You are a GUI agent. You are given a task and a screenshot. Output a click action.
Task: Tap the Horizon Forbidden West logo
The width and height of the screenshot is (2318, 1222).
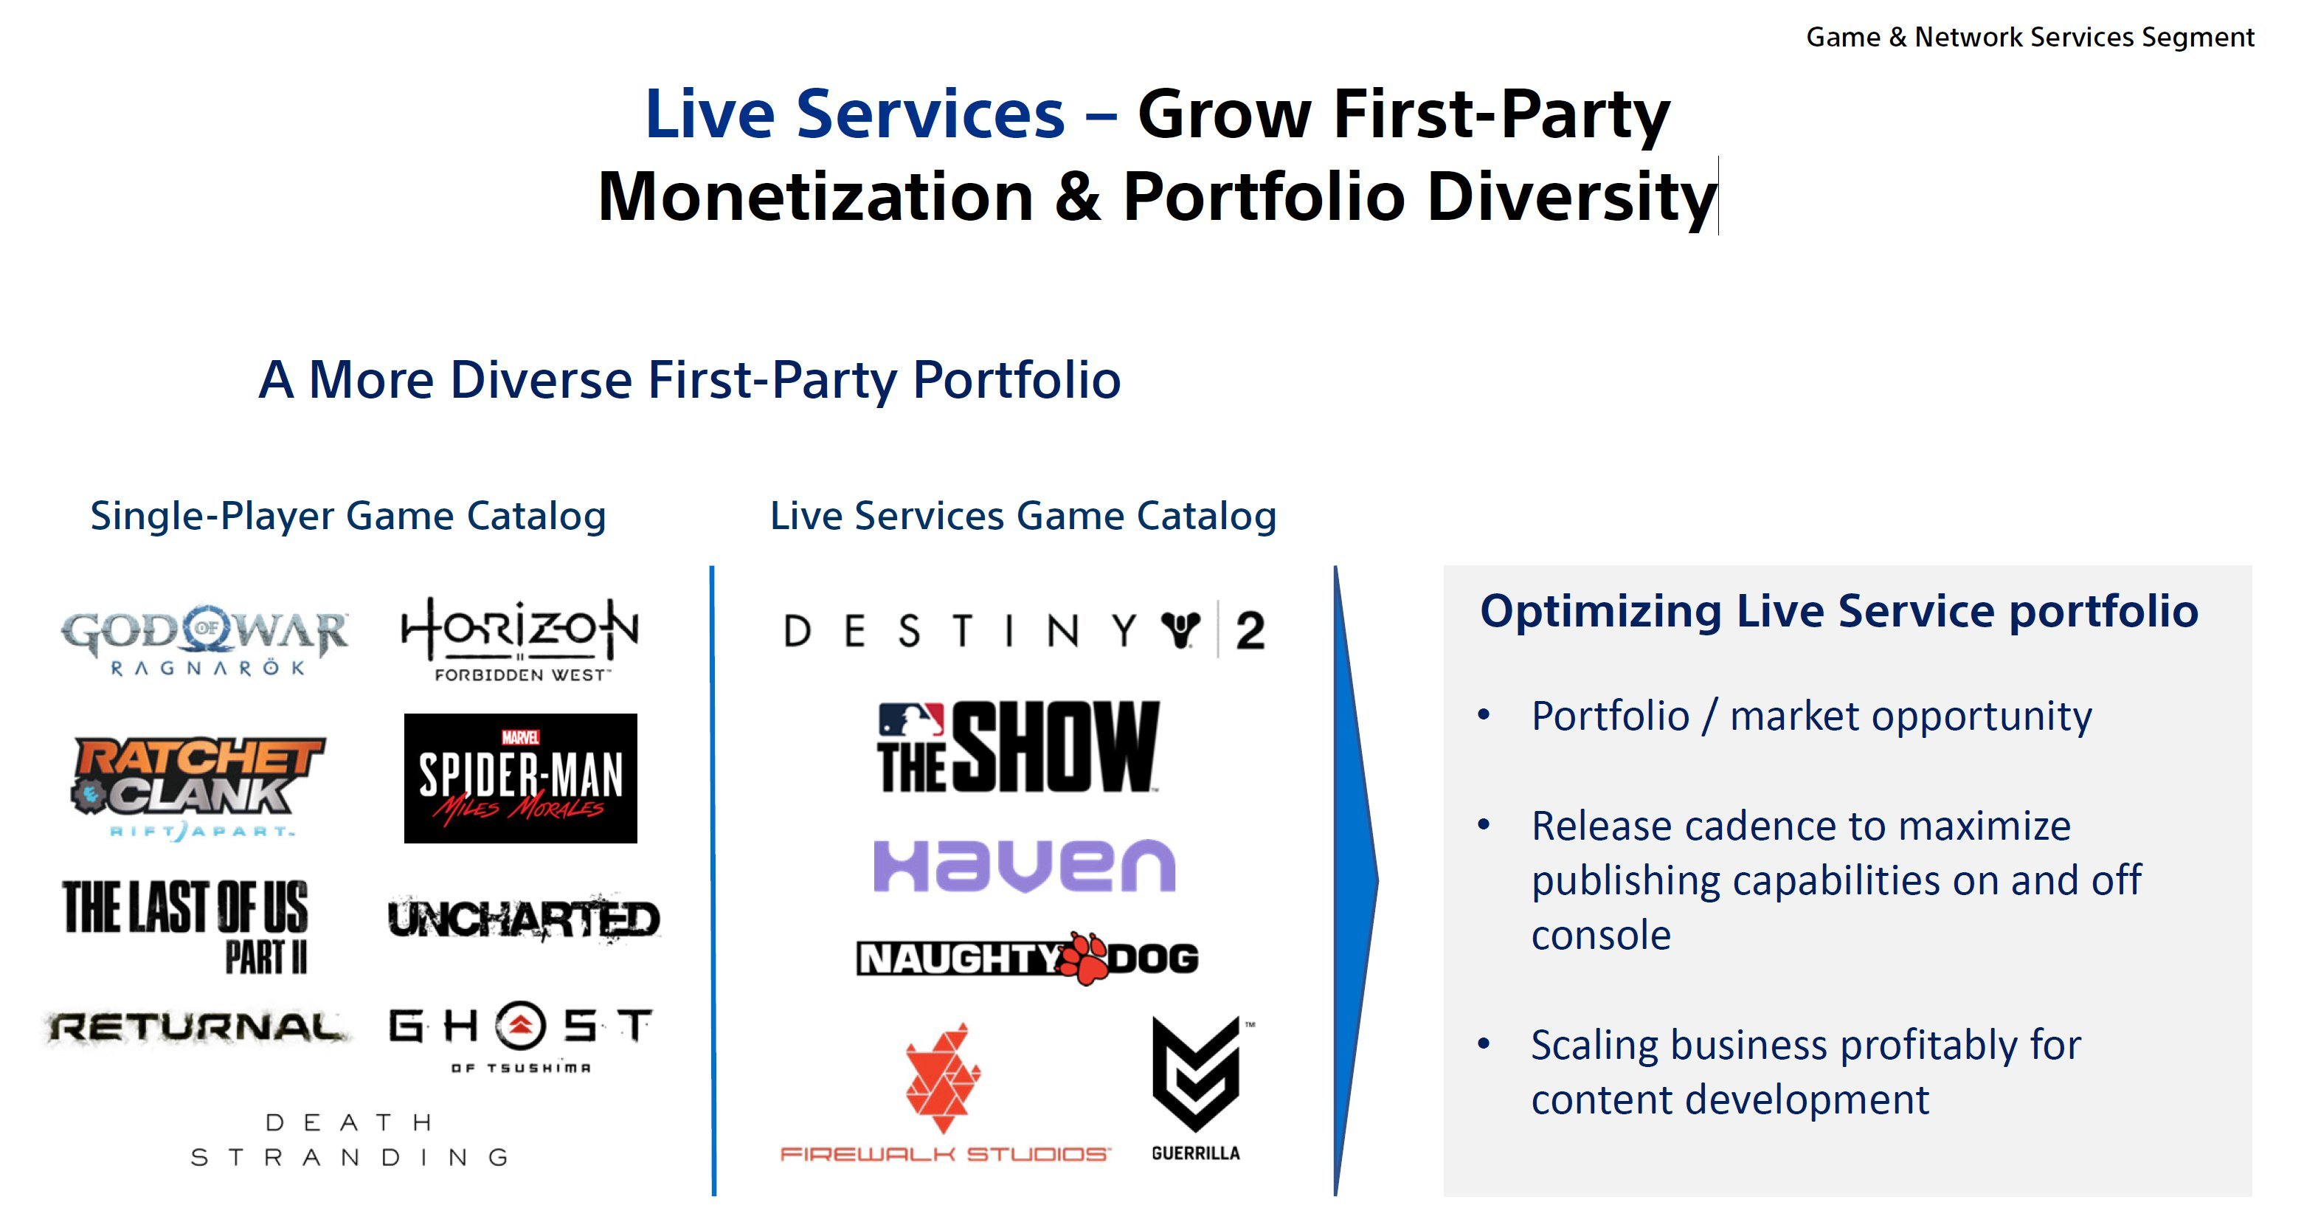tap(520, 640)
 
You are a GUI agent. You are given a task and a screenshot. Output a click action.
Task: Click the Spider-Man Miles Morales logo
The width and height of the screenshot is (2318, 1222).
tap(520, 779)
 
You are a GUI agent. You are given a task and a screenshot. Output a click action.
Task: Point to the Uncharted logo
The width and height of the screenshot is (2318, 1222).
tap(524, 919)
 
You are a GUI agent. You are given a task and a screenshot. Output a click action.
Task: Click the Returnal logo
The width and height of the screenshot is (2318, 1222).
tap(196, 1028)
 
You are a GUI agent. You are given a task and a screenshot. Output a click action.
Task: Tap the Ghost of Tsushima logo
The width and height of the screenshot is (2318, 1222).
tap(521, 1037)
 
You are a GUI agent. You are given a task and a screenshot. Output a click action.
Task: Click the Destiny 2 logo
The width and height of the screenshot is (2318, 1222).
tap(1025, 630)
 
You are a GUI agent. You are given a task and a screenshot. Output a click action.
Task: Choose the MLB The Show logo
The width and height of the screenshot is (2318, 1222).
tap(1019, 747)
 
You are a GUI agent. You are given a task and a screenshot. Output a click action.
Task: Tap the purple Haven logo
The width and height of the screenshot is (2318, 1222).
tap(1024, 866)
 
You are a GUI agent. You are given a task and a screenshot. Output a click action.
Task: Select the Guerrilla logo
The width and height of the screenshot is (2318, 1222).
tap(1197, 1090)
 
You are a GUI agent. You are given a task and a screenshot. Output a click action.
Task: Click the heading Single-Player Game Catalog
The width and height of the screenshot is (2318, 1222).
tap(348, 517)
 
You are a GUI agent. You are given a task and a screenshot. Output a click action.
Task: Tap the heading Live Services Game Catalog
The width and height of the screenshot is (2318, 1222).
tap(1023, 517)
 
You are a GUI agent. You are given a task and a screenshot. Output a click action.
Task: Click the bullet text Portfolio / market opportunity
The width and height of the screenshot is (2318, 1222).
tap(1811, 717)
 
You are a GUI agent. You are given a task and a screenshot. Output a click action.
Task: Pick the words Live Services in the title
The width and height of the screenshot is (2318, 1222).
tap(855, 114)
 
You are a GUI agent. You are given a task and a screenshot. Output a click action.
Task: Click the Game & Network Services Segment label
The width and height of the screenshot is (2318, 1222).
tap(2030, 38)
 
